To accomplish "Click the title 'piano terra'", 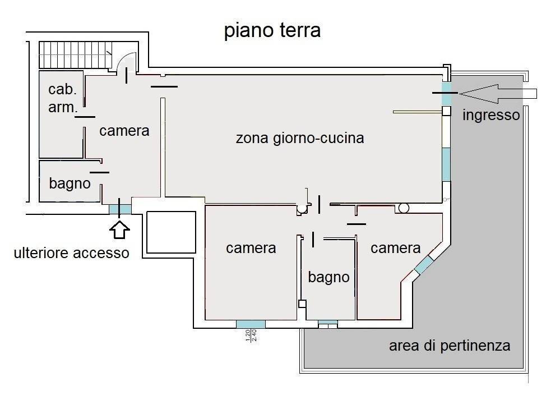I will coord(272,31).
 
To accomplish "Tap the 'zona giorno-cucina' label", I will coord(300,137).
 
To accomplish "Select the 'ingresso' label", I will coord(492,116).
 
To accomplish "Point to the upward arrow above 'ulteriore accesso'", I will coord(121,228).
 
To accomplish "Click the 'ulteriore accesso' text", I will coord(71,253).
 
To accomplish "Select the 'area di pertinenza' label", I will coord(450,345).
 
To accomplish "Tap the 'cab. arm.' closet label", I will coord(62,98).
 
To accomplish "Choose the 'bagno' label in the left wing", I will coord(70,183).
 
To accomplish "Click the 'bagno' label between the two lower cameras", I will coord(328,277).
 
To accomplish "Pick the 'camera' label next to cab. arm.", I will coord(124,131).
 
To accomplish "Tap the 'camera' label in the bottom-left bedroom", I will coord(251,247).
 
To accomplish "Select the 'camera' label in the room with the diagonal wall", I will coord(396,247).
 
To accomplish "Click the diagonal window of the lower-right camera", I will coord(424,264).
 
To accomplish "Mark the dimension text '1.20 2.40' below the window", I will coord(251,336).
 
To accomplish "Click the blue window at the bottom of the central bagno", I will coord(328,323).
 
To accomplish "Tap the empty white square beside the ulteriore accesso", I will coord(171,232).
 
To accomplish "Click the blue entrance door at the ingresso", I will coord(446,93).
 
